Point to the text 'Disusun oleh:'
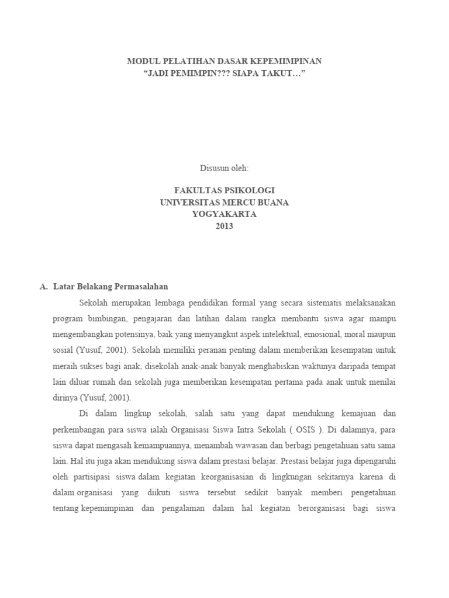coord(224,168)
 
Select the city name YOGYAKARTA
coord(224,214)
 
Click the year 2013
coord(224,226)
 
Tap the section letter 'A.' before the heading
coord(43,287)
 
